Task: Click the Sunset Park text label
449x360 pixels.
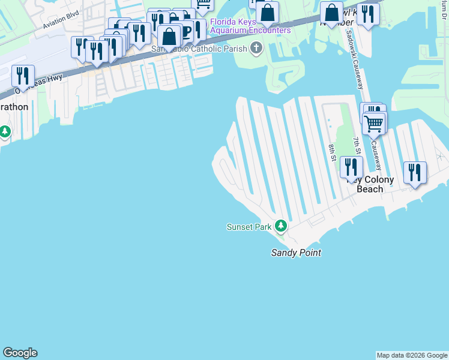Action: click(x=249, y=227)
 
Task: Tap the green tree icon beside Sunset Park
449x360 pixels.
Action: click(x=280, y=226)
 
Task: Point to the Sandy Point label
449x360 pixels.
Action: click(x=295, y=253)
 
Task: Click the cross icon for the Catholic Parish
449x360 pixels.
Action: click(x=256, y=48)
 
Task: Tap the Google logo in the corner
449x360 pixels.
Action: click(x=20, y=353)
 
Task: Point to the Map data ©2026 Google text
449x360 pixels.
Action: click(x=412, y=355)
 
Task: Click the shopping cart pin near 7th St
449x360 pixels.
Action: click(x=375, y=124)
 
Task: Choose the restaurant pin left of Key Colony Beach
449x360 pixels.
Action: click(x=351, y=167)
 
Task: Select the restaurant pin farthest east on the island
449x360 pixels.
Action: click(x=415, y=172)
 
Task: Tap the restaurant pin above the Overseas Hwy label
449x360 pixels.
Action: click(x=23, y=76)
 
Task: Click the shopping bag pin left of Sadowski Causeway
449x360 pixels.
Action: click(x=331, y=13)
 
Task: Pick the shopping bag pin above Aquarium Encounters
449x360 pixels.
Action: click(x=267, y=11)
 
